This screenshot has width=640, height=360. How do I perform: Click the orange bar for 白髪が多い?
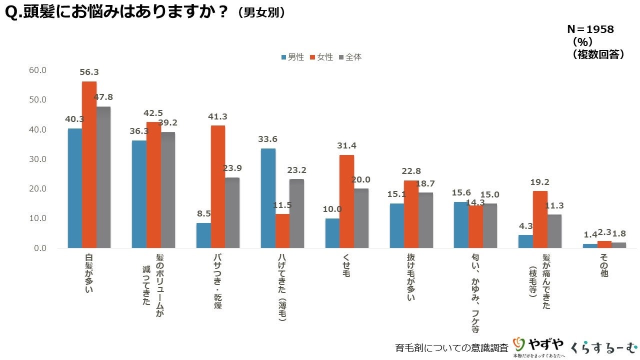[89, 164]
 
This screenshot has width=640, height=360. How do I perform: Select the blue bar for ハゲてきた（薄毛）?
[268, 198]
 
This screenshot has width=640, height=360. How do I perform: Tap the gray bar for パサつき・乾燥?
[232, 212]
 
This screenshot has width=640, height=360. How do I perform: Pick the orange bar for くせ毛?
[346, 201]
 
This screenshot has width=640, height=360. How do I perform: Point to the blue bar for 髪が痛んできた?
[525, 241]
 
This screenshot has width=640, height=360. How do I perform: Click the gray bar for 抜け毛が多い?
[425, 220]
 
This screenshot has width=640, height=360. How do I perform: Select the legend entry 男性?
[292, 57]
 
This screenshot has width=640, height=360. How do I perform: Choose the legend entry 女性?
[321, 57]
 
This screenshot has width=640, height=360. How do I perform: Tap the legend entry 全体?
[350, 57]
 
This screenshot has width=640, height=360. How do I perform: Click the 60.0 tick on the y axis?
[37, 70]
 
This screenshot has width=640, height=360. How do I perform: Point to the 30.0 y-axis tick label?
[37, 159]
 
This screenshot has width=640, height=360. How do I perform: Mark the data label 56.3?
[89, 72]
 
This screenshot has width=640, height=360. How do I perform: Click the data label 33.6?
[268, 139]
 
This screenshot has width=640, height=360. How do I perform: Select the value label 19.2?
[540, 182]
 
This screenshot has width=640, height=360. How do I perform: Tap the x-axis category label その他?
[604, 265]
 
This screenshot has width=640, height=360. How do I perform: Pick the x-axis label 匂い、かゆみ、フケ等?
[475, 293]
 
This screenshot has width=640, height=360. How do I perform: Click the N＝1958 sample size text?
[590, 29]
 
